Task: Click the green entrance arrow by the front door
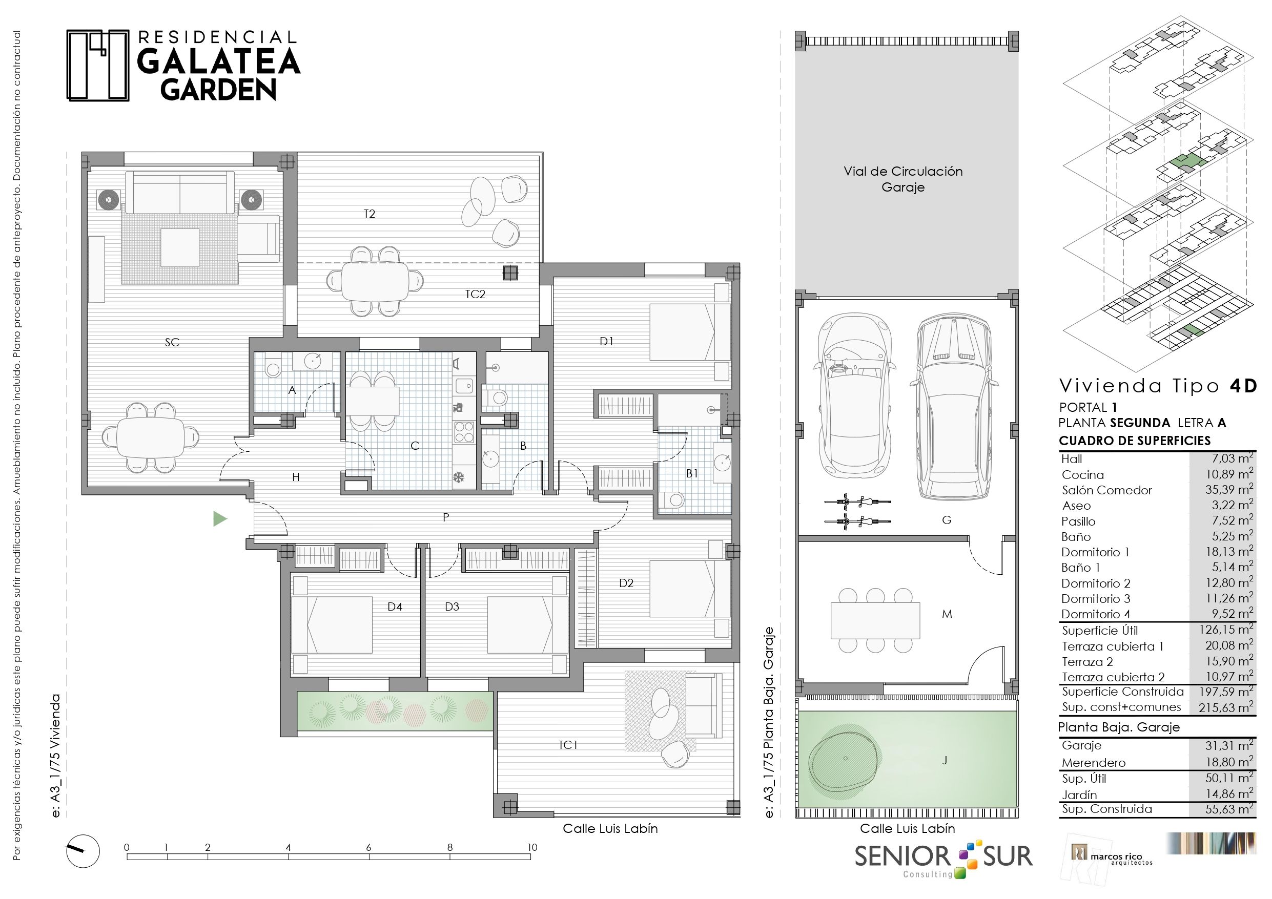[220, 519]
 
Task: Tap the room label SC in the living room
[172, 342]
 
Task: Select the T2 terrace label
[370, 214]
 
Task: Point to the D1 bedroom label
[607, 341]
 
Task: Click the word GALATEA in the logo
[219, 61]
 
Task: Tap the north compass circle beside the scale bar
[83, 851]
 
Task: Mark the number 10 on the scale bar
[532, 847]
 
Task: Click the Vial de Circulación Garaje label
[903, 179]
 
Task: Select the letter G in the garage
[947, 520]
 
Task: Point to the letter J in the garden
[945, 761]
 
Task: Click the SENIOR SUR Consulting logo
[943, 860]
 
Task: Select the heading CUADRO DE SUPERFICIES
[1135, 441]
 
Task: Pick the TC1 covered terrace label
[568, 745]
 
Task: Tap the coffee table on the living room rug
[180, 247]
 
